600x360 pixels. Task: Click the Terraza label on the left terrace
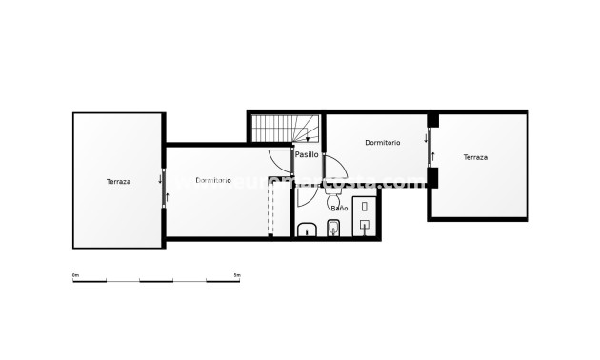119,181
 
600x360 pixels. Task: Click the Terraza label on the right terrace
475,157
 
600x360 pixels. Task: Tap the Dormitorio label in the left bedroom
213,180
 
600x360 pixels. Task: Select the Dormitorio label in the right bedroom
382,142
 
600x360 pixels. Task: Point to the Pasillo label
307,154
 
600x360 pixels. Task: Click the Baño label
338,207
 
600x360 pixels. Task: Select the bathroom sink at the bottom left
308,230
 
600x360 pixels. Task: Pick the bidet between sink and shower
333,228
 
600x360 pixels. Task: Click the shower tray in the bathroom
367,215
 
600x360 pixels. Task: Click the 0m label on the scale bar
76,274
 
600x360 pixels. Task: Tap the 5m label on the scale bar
237,274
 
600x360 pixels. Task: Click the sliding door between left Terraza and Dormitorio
165,187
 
